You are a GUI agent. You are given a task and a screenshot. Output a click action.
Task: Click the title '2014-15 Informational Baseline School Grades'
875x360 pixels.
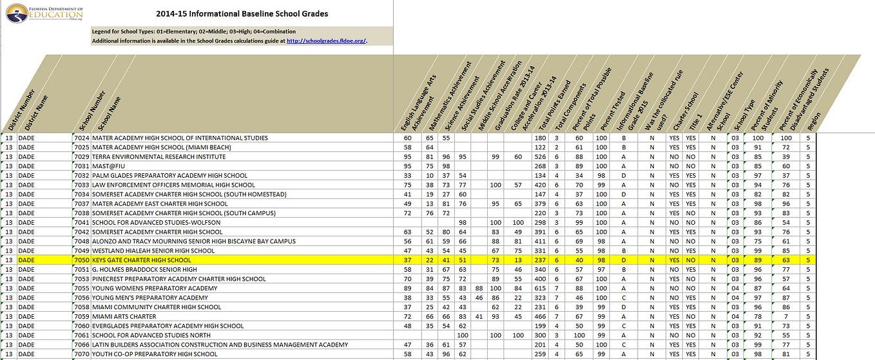242,14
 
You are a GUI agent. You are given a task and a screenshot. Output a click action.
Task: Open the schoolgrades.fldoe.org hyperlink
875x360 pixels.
326,41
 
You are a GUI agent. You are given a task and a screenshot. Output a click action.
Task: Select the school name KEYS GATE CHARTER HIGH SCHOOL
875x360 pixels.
141,260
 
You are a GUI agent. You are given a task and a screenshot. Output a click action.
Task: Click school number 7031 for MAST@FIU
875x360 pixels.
81,166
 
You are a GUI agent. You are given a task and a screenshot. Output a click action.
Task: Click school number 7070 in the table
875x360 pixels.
81,354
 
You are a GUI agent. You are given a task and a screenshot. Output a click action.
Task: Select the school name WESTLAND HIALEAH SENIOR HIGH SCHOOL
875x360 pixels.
153,251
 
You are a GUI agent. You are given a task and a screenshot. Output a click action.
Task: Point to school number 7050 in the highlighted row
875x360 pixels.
81,260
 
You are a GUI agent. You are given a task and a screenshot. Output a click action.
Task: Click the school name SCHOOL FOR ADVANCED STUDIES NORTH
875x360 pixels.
151,335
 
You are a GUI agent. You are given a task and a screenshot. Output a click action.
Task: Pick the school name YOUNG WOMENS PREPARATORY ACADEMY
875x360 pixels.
155,288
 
